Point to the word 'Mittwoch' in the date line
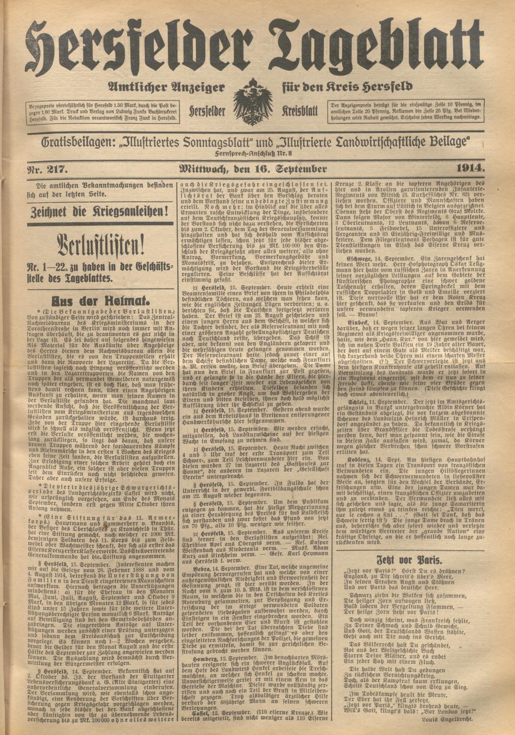pos(201,169)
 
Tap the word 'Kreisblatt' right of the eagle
pos(301,111)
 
